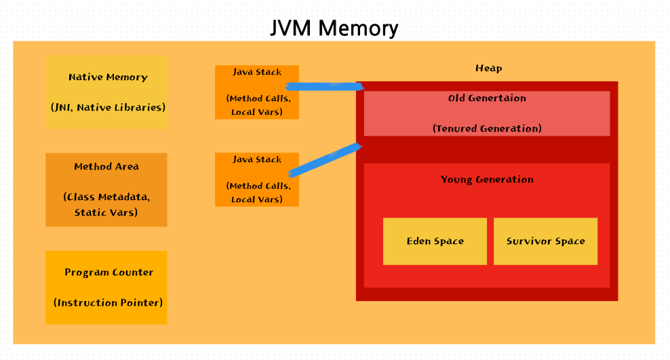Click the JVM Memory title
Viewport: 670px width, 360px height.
[334, 28]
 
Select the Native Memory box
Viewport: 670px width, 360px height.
[106, 92]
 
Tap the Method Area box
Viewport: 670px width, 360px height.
[106, 190]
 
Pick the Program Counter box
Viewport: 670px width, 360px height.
[106, 287]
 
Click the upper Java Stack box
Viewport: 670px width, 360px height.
[257, 92]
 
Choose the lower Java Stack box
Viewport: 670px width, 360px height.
[257, 179]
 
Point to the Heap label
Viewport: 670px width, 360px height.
[488, 68]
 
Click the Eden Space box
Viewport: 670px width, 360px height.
[435, 241]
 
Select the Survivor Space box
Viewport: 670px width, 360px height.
[545, 241]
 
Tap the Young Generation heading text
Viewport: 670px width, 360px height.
[487, 180]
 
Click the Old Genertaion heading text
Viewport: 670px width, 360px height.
[487, 98]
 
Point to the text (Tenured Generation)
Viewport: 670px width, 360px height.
[487, 128]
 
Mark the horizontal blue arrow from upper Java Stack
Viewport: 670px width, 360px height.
[324, 86]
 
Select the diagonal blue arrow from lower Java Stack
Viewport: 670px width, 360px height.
[324, 160]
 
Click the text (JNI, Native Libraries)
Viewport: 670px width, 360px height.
[108, 107]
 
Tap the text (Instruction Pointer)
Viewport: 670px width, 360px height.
[108, 302]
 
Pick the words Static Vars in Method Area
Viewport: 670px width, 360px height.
[106, 212]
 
